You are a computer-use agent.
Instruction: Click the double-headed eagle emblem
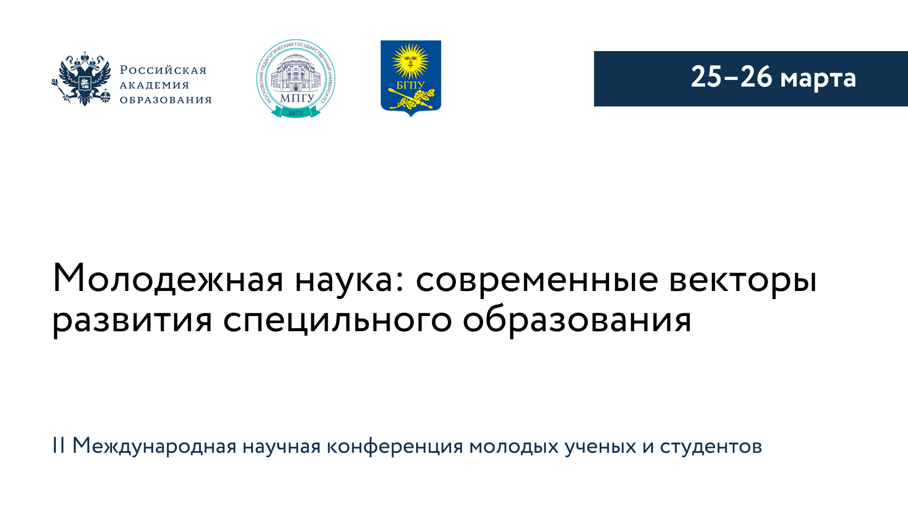click(81, 79)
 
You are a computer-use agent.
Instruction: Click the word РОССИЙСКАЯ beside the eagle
click(163, 70)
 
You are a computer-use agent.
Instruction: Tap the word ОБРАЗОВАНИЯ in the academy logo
click(166, 100)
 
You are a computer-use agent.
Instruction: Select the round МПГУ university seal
click(296, 79)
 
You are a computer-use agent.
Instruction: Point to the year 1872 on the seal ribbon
click(296, 113)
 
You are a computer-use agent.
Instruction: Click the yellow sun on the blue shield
click(410, 61)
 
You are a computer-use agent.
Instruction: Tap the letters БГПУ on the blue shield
click(410, 86)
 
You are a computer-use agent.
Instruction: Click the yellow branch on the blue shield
click(411, 99)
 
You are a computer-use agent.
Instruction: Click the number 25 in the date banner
click(707, 77)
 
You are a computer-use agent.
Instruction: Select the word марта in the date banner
click(818, 79)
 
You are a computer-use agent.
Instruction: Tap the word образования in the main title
click(577, 321)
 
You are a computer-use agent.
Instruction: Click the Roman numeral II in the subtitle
click(59, 445)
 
